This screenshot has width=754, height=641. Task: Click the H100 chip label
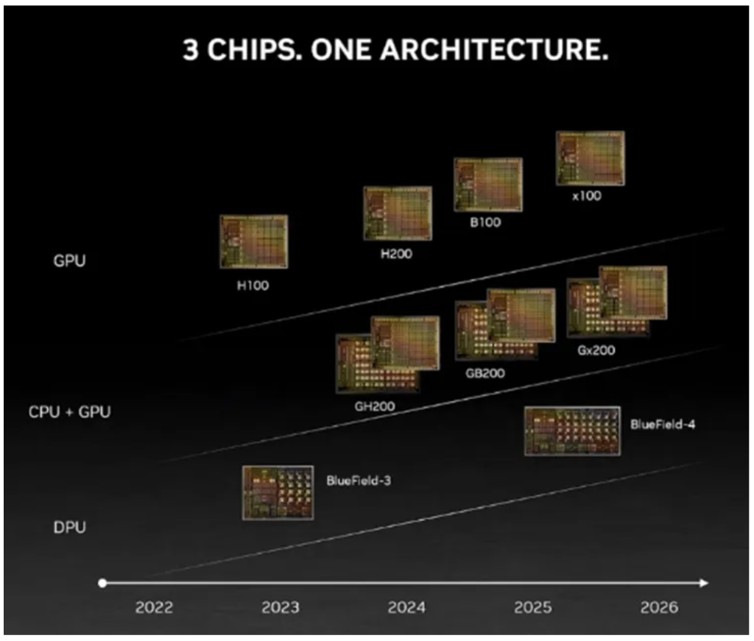[x=253, y=286]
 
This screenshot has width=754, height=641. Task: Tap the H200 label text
[x=397, y=255]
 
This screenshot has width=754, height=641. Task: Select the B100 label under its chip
[x=485, y=222]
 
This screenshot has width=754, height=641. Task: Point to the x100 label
[x=586, y=196]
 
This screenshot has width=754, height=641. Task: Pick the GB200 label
[x=485, y=373]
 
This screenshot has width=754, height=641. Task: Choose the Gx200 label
[x=596, y=350]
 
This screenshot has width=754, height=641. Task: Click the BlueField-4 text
[x=663, y=425]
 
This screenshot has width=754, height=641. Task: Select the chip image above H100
[x=253, y=241]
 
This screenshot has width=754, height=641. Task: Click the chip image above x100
[x=590, y=158]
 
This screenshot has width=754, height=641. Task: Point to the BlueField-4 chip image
[x=572, y=431]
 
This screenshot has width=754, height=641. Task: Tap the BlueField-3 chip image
[x=278, y=492]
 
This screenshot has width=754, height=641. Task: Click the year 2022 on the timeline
[x=154, y=608]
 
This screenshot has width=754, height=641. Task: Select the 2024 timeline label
[x=406, y=608]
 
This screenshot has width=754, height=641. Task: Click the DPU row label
[x=69, y=528]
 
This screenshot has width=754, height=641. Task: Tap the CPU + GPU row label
[x=70, y=411]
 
